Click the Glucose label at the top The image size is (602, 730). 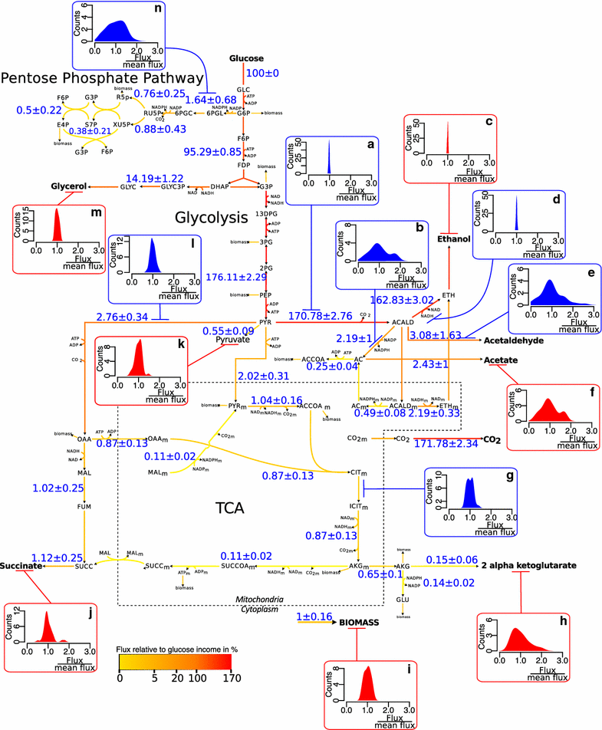pyautogui.click(x=246, y=58)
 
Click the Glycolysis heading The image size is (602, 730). pyautogui.click(x=196, y=217)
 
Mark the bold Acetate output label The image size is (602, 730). pyautogui.click(x=499, y=360)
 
